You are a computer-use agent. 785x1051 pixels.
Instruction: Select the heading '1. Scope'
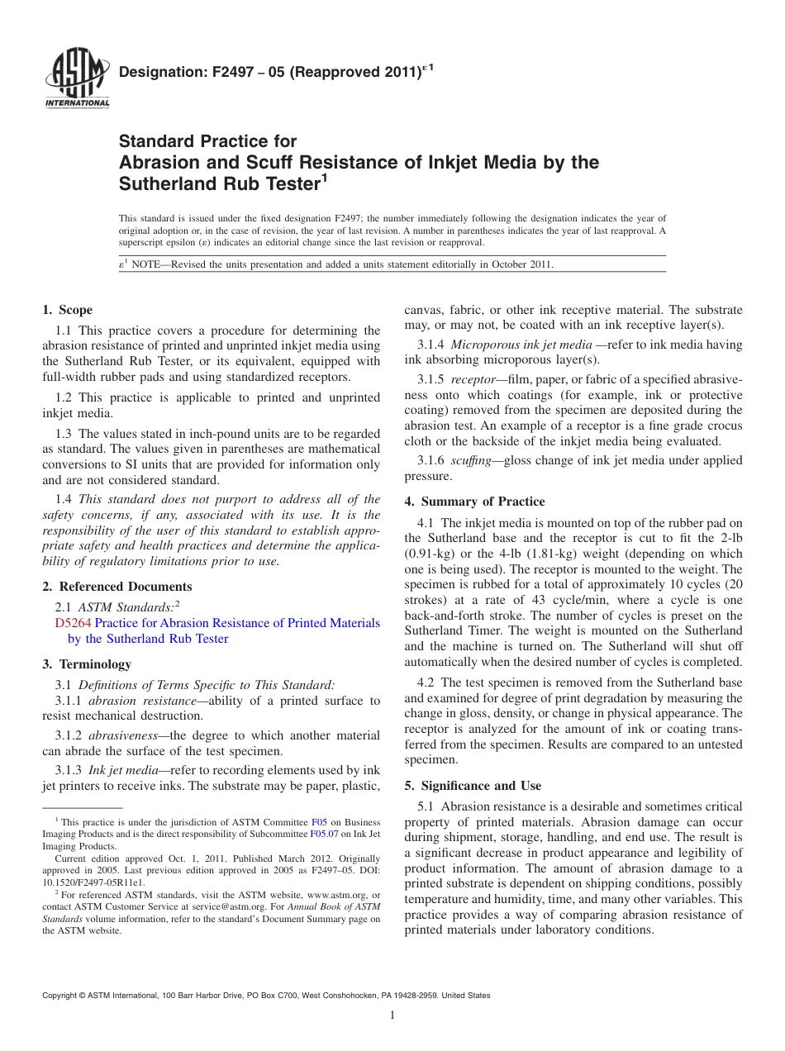click(68, 310)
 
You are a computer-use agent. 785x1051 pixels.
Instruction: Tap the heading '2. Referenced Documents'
click(117, 587)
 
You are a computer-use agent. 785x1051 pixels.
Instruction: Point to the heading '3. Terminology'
click(87, 664)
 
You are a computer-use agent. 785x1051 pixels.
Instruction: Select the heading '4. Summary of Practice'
click(474, 502)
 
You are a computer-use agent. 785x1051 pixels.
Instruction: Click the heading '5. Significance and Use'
click(473, 785)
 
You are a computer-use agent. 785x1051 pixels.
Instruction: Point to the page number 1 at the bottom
click(392, 1015)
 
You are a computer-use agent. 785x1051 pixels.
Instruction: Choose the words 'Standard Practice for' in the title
click(207, 141)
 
